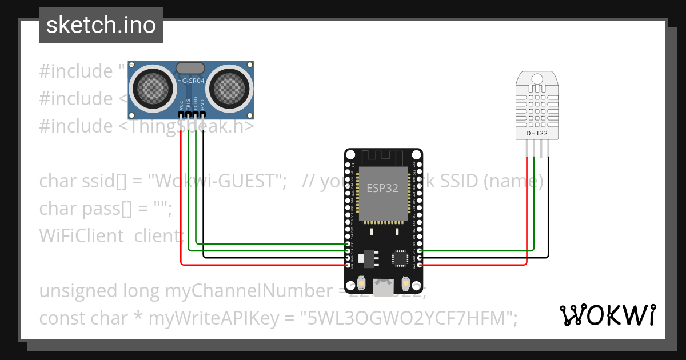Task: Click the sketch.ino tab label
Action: pyautogui.click(x=101, y=25)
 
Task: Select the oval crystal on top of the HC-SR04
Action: pyautogui.click(x=190, y=68)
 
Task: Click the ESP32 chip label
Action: pyautogui.click(x=382, y=189)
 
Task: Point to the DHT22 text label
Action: pyautogui.click(x=537, y=134)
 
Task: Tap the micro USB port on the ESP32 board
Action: pyautogui.click(x=383, y=285)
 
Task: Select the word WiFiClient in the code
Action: pyautogui.click(x=81, y=235)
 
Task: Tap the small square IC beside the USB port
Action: pyautogui.click(x=401, y=258)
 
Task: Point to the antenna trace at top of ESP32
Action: pyautogui.click(x=383, y=157)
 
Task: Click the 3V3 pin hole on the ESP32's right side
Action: pyautogui.click(x=420, y=265)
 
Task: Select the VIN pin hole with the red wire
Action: pyautogui.click(x=348, y=265)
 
